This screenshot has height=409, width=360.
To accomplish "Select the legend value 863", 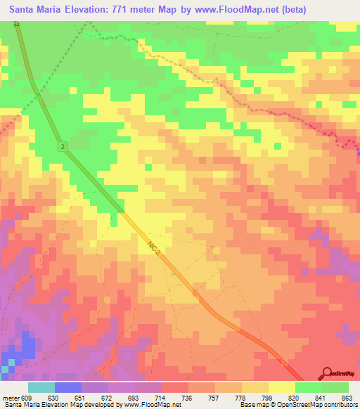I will pos(346,397).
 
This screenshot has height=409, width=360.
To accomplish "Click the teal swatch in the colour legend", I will pos(41,387).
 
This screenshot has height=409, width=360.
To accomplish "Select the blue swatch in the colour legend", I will pos(68,387).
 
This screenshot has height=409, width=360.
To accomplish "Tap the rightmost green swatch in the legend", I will pos(335,387).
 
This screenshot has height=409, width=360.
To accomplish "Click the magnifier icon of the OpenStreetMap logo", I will pos(328,372).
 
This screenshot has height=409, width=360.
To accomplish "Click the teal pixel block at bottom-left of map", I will pos(6,368).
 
